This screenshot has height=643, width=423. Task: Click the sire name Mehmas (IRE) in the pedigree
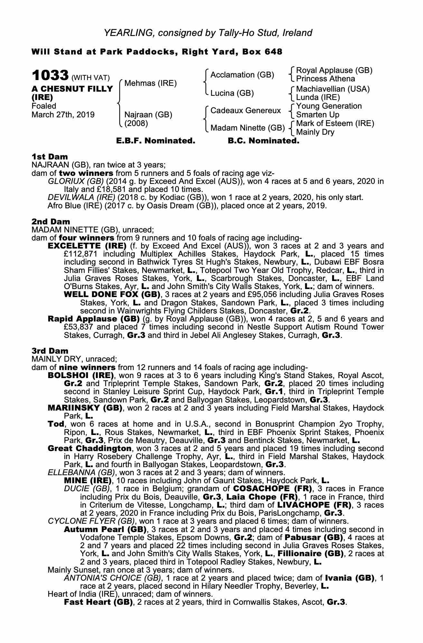150,83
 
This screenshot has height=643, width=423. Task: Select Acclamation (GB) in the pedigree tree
242,75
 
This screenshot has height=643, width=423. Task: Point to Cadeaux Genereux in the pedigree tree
246,111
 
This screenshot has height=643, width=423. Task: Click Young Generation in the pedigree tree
329,106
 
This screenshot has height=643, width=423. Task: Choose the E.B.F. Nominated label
155,141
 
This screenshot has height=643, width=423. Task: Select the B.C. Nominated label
263,141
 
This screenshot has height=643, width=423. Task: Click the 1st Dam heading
50,157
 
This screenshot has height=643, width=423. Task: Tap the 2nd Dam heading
51,222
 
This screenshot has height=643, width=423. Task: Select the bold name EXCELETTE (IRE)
87,246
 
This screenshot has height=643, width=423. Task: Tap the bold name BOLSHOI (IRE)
81,375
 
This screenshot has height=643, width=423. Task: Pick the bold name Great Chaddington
89,448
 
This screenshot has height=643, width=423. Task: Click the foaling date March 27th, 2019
63,115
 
